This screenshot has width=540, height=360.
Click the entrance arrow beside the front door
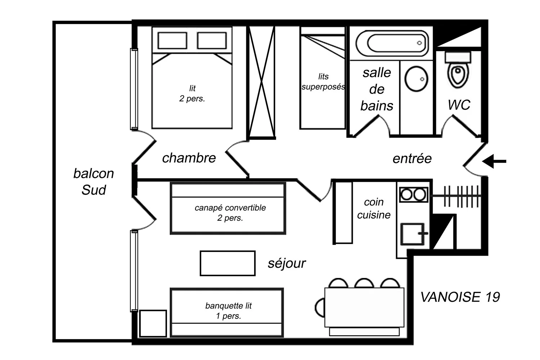click(495, 162)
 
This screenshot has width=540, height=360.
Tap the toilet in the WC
click(457, 72)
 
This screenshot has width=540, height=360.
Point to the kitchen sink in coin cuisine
click(413, 234)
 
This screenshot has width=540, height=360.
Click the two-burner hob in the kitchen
click(413, 195)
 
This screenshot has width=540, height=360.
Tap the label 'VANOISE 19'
click(460, 297)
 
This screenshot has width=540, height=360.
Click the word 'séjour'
click(287, 263)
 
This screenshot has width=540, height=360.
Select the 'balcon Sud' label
click(93, 181)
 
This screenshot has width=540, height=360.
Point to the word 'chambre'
click(189, 158)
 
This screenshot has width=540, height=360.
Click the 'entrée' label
click(412, 158)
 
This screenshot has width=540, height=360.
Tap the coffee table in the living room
click(228, 263)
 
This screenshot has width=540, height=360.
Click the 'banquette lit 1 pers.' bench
click(227, 312)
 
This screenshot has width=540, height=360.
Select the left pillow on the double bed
click(172, 40)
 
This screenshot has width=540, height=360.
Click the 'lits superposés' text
click(323, 82)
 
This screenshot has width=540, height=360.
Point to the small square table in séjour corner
click(153, 323)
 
